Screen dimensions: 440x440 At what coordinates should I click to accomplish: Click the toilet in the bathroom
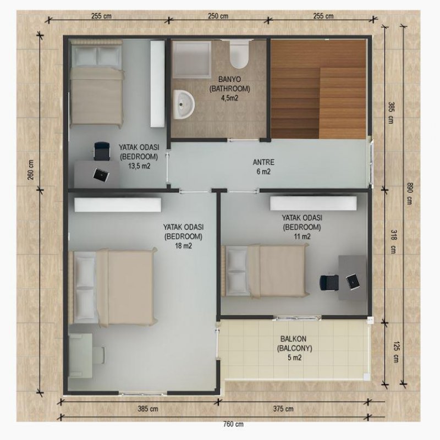pos(239,54)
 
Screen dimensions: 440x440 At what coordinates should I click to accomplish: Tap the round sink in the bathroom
pos(184,105)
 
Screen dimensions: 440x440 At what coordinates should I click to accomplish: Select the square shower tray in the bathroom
pos(191,59)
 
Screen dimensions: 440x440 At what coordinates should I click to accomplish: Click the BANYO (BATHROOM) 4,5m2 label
pos(229,89)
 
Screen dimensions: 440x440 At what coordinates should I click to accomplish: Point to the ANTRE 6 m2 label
pos(263,167)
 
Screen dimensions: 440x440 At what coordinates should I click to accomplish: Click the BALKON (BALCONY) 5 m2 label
pos(295,348)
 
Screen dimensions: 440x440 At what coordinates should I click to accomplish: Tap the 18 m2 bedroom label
pos(184,237)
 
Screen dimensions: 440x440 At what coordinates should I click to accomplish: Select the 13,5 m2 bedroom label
pos(139,157)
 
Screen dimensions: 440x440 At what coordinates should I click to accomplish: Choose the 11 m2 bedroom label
pos(302,227)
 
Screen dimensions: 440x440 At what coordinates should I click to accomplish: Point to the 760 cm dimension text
pos(233,424)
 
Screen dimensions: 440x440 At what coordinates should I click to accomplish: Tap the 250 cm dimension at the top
pos(218,16)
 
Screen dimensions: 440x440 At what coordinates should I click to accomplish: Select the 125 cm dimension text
pos(396,351)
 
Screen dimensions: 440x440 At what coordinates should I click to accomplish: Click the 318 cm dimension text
pos(393,241)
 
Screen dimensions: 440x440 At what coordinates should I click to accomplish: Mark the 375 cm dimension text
pos(283,409)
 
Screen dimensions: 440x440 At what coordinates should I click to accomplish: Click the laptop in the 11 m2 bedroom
pos(353,281)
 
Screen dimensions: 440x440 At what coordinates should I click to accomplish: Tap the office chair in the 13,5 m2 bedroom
pos(102,151)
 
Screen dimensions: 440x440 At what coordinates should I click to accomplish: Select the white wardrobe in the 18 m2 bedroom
pos(118,205)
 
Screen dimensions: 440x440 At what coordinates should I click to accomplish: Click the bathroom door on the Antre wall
pos(243,140)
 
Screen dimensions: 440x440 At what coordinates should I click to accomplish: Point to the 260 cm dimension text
pos(31,170)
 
